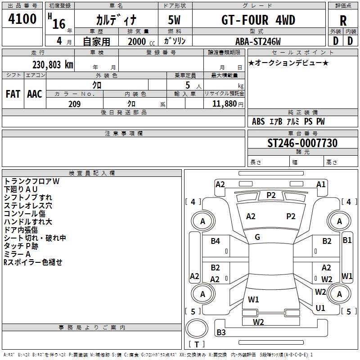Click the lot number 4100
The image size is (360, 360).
point(22,19)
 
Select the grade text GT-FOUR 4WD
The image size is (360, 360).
point(258,20)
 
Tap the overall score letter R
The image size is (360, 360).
point(343,21)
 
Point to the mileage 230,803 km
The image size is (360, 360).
point(53,65)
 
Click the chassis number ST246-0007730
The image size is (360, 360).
point(302,143)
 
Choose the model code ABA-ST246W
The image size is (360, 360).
point(258,41)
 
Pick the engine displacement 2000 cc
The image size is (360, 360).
point(141,42)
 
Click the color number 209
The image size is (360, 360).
point(74,104)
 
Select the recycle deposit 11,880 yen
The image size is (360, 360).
point(228,104)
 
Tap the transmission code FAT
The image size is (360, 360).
point(13,94)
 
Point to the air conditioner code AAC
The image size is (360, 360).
point(35,94)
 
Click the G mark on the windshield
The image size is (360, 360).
point(257,237)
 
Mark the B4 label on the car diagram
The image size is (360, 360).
point(215,241)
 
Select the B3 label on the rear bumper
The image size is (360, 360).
point(221,332)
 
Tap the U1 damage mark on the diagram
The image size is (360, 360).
point(320,308)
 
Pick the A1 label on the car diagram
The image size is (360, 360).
point(321,184)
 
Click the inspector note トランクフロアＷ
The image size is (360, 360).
point(31,181)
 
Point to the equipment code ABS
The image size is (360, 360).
point(258,121)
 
